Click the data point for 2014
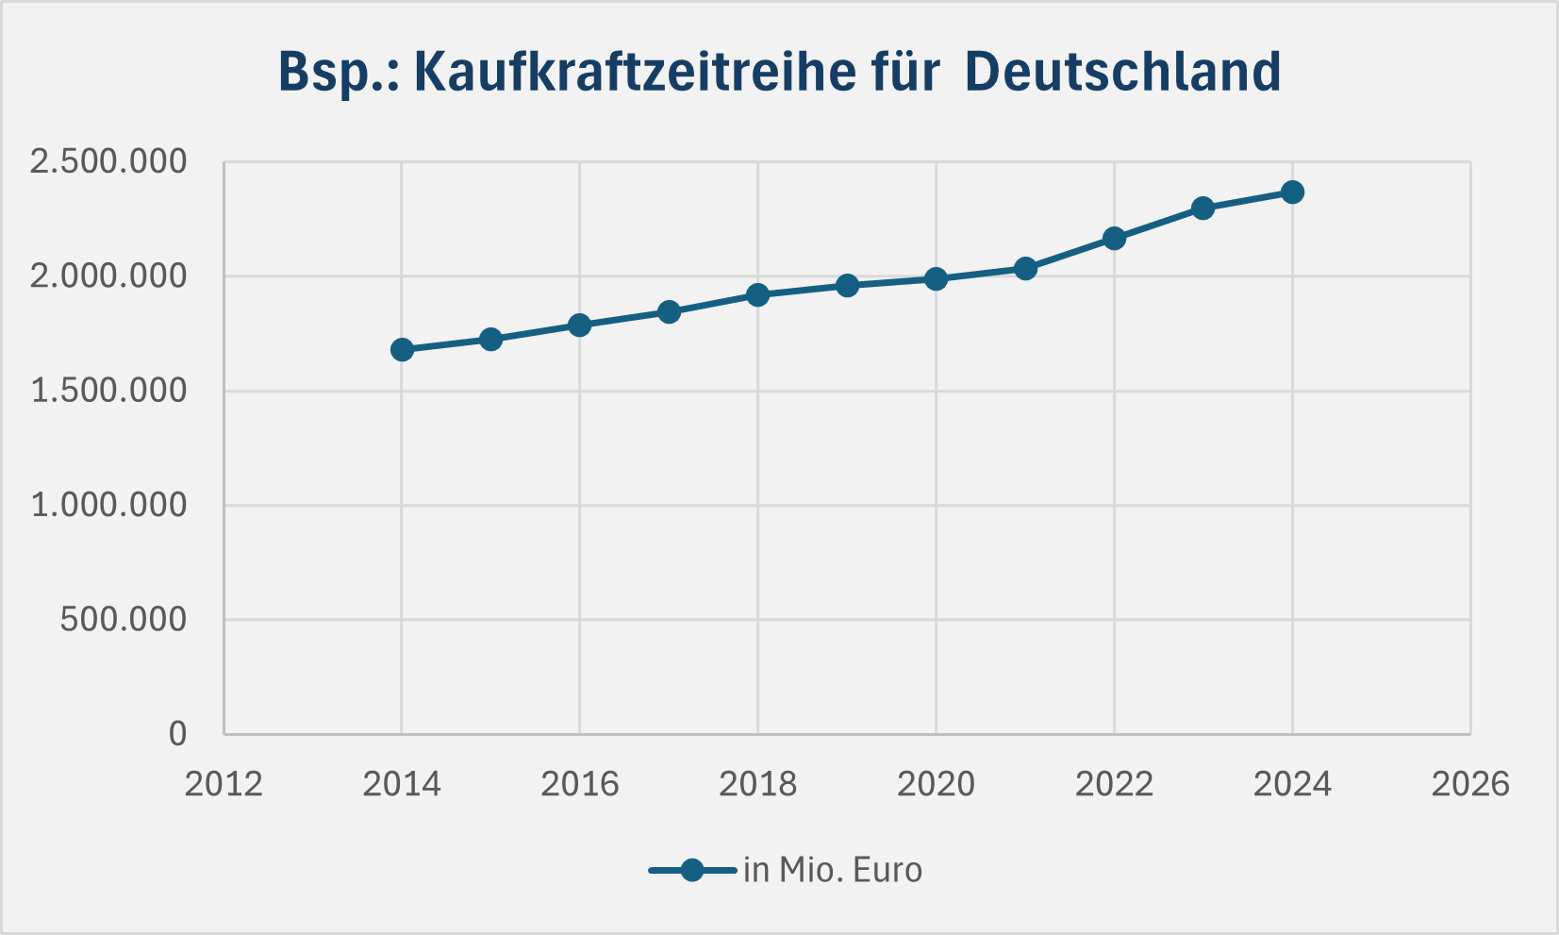(x=402, y=350)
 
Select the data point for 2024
(x=1292, y=192)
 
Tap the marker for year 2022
(x=1114, y=239)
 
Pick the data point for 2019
(x=847, y=286)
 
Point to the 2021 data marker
(x=1025, y=269)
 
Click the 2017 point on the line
(x=669, y=312)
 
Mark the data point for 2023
(x=1202, y=209)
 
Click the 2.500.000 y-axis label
(x=108, y=162)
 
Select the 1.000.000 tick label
(x=108, y=506)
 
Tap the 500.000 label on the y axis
(x=124, y=620)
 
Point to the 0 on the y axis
(x=177, y=734)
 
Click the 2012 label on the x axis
(x=224, y=784)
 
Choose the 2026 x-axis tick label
(x=1470, y=784)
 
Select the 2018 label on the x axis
(x=757, y=784)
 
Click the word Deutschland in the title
(x=1123, y=72)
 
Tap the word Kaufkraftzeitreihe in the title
(x=677, y=72)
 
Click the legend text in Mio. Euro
(x=832, y=870)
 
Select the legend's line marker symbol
(x=692, y=870)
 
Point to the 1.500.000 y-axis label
(x=108, y=391)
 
